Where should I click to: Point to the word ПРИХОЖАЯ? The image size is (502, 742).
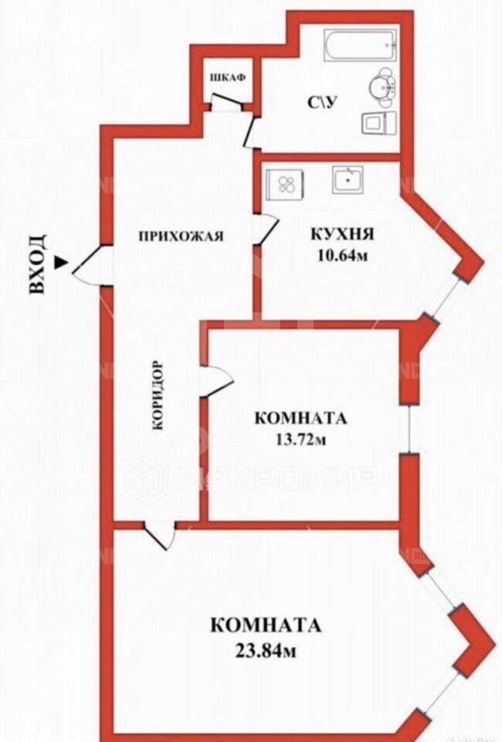[x=181, y=237]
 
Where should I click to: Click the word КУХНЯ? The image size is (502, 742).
[x=342, y=233]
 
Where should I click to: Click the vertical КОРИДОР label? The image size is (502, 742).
[x=158, y=394]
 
